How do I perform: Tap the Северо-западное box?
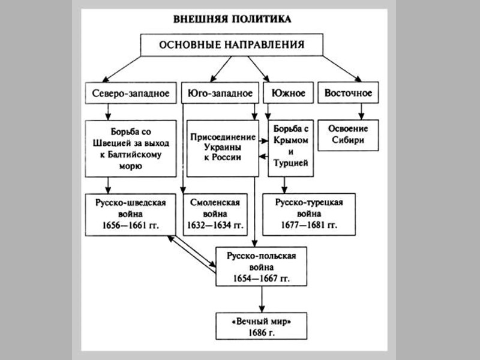point(130,93)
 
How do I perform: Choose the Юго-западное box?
point(219,93)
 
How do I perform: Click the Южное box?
point(289,93)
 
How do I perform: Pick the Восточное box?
point(348,93)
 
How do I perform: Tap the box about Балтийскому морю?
point(130,148)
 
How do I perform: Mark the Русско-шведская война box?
point(130,214)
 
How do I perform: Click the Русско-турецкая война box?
point(309,214)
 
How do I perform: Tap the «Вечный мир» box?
point(262,324)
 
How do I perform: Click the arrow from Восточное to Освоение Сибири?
point(360,112)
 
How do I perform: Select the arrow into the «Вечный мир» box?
point(262,299)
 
